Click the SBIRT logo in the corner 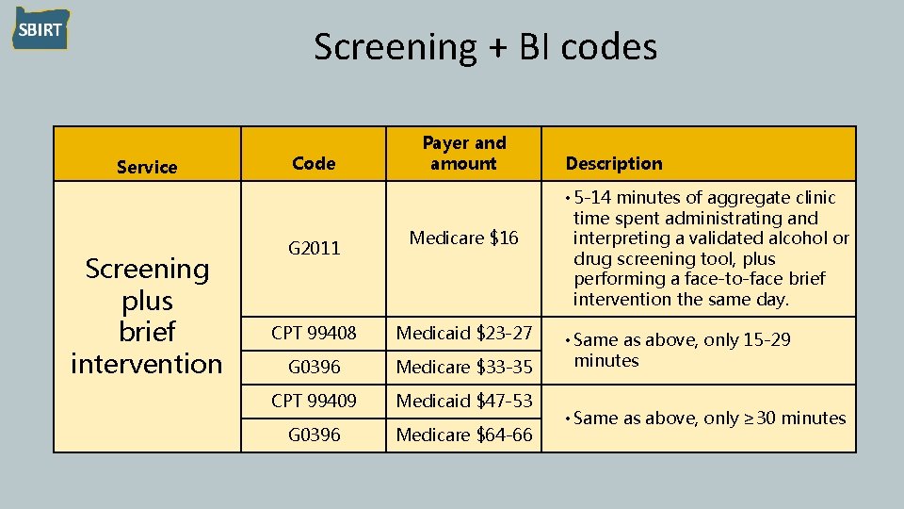pos(40,29)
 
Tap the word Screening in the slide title pos(395,46)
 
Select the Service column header pos(147,167)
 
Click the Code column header pos(314,163)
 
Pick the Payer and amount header pos(463,153)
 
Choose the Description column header pos(614,163)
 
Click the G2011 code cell pos(314,249)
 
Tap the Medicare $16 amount pos(463,238)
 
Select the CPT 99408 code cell pos(314,333)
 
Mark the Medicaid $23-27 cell pos(463,333)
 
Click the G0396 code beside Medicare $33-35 pos(314,367)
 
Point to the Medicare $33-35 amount pos(463,367)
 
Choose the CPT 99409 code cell pos(314,401)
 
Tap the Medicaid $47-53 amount pos(463,401)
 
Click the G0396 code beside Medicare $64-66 pos(314,435)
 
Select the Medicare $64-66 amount pos(463,435)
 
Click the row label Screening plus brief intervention pos(147,316)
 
